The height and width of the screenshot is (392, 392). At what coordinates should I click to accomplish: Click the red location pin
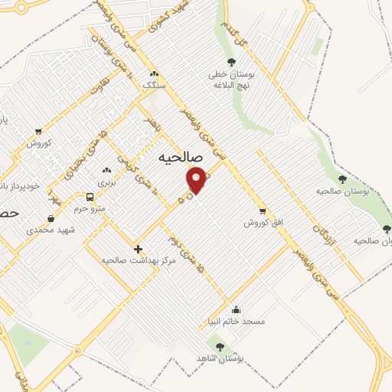(x=197, y=181)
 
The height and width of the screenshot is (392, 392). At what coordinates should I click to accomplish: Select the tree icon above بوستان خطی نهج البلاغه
(x=231, y=63)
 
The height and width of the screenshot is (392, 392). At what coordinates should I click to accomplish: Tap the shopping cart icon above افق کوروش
(x=263, y=211)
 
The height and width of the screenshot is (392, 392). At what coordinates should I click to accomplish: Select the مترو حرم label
(x=88, y=207)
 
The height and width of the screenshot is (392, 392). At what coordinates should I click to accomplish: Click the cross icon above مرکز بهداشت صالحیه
(x=139, y=248)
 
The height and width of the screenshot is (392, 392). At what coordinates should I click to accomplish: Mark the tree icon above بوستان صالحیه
(x=342, y=179)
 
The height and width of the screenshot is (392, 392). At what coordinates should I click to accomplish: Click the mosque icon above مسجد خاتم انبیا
(x=236, y=310)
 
